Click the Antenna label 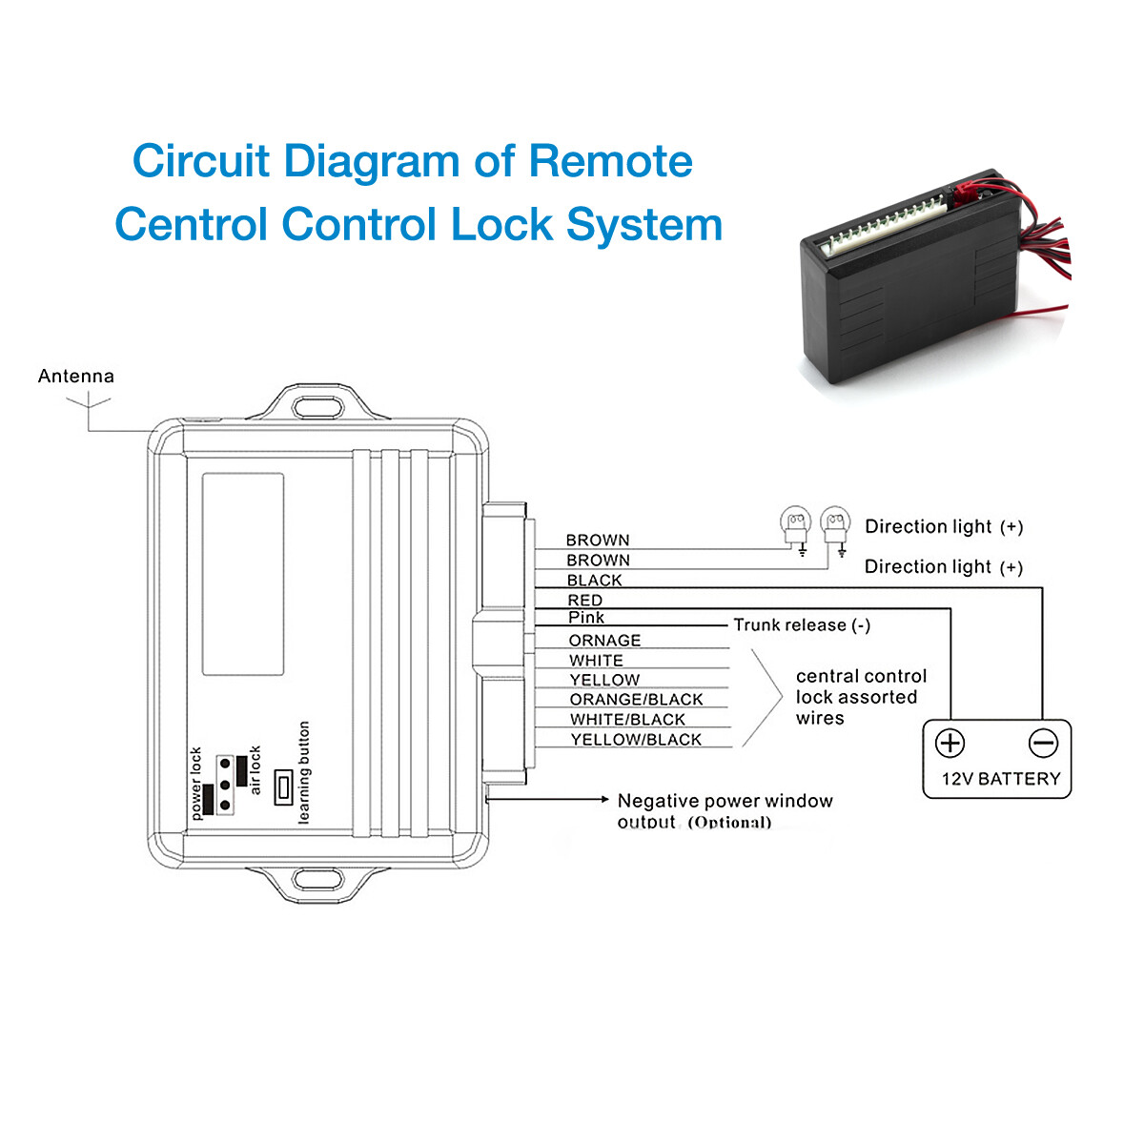click(76, 377)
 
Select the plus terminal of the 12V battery click(950, 743)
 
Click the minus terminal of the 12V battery click(1043, 743)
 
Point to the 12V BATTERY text click(1000, 779)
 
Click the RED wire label click(584, 601)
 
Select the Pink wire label click(586, 618)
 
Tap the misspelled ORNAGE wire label click(604, 641)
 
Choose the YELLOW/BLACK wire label click(636, 740)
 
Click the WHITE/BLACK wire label click(627, 720)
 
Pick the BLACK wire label click(594, 581)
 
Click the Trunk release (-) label click(802, 625)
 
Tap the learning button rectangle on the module click(283, 787)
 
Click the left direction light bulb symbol click(795, 523)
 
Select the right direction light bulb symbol click(835, 522)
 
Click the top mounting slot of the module click(317, 407)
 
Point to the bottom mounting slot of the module click(317, 878)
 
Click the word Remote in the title click(610, 161)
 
